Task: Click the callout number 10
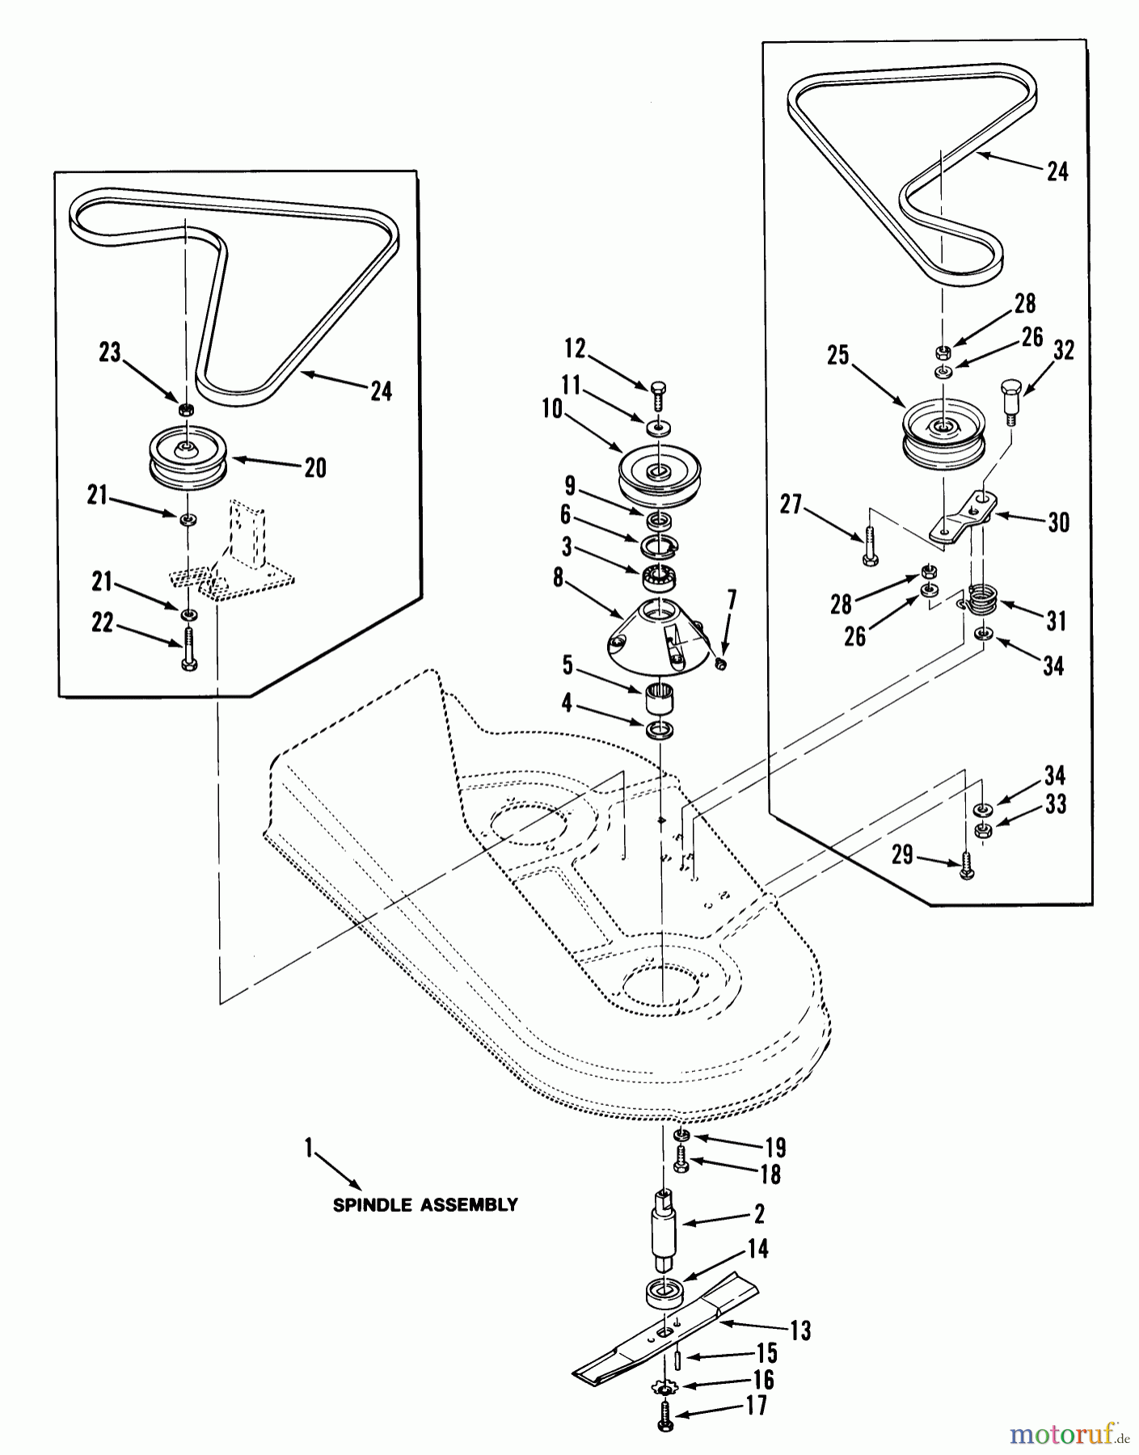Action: point(553,409)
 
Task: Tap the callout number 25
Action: point(838,355)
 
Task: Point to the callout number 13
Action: point(800,1331)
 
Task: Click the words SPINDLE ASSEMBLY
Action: point(425,1205)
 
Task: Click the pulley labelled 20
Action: point(188,458)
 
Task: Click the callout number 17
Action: point(757,1406)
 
